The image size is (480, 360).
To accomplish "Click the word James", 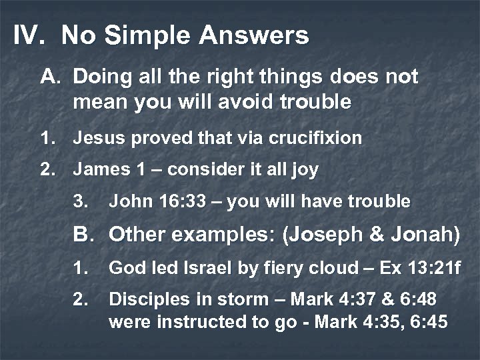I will tap(97, 170).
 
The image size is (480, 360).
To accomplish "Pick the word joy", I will tap(304, 170).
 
